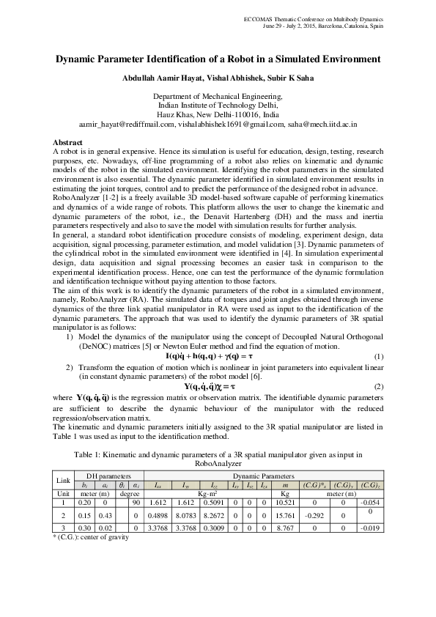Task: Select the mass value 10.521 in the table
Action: point(282,503)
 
